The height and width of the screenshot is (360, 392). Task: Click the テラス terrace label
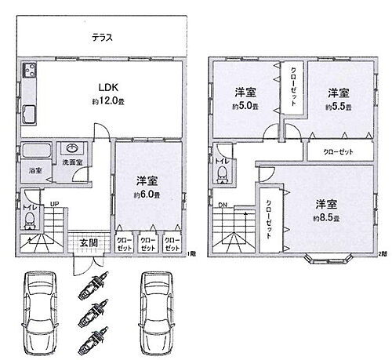coord(100,37)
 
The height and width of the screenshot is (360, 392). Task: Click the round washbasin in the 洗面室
coord(71,147)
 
